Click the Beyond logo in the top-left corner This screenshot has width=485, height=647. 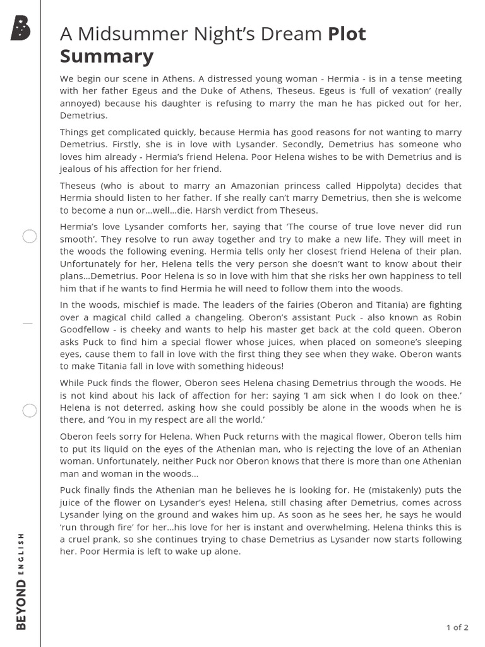[x=20, y=28]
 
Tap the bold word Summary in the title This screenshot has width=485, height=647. [x=106, y=57]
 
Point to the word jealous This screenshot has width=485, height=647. [x=76, y=169]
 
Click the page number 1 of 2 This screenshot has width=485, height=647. [x=457, y=627]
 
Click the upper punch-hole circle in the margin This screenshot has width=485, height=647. [x=30, y=237]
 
